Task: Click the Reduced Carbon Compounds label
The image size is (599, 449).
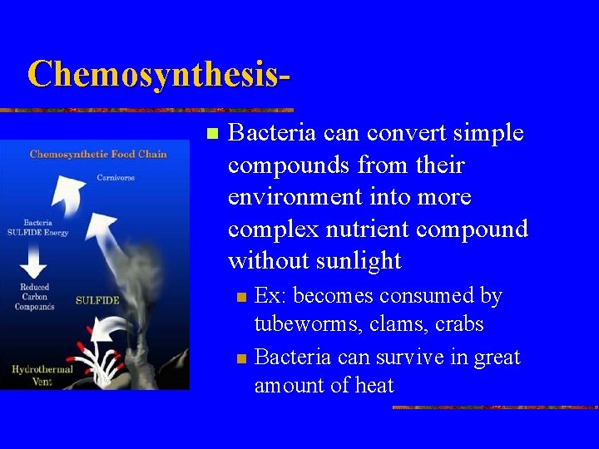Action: (35, 297)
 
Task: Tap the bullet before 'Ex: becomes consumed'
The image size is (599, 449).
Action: (241, 297)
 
